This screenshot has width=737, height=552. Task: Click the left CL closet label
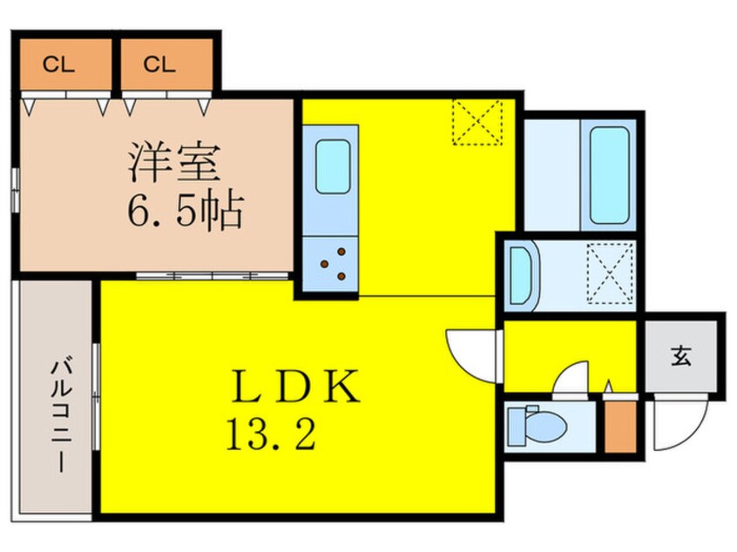point(59,64)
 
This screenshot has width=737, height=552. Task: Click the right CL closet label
point(159,64)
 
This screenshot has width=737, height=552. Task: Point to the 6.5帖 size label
point(183,211)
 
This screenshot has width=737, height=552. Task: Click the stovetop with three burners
point(332,264)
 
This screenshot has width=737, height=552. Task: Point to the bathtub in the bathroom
point(610,175)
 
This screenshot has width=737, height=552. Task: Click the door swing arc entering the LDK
point(470,350)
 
